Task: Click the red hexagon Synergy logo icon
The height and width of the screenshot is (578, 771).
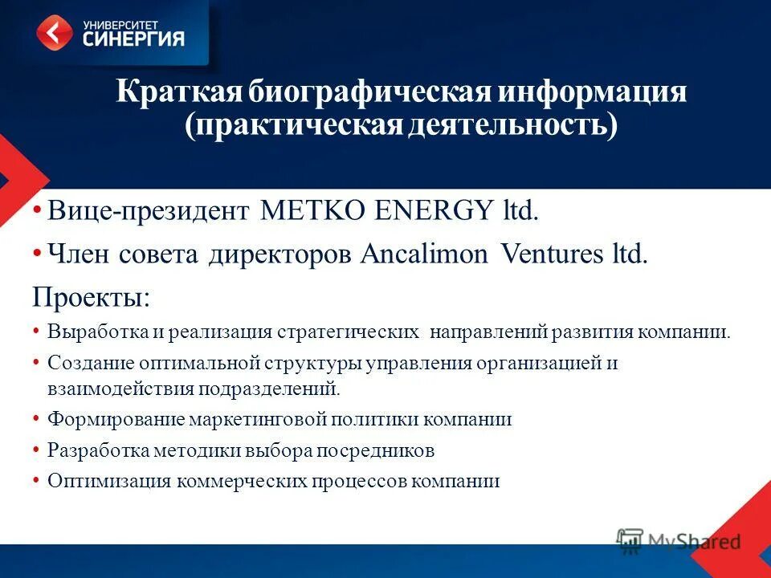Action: pos(55,33)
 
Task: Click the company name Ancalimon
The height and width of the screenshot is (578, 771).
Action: pos(423,254)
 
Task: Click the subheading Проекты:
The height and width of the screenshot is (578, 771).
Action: pos(90,297)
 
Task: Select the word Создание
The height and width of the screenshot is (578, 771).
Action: pos(89,363)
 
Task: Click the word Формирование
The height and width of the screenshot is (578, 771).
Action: pos(116,420)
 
